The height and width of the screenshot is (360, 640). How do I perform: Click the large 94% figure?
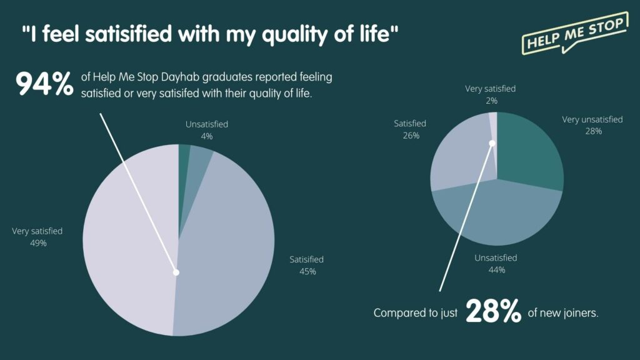[44, 84]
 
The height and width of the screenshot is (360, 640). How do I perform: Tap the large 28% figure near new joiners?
[493, 312]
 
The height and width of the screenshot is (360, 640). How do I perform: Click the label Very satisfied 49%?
[37, 237]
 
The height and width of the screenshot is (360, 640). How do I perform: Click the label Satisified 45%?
[307, 265]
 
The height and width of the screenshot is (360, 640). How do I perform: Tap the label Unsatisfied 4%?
[207, 130]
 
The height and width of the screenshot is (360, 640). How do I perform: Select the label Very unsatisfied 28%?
[592, 125]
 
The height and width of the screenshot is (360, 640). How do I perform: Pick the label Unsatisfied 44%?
[496, 264]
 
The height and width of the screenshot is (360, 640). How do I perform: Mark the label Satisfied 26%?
[410, 129]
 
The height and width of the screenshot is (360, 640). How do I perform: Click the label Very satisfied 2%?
[491, 94]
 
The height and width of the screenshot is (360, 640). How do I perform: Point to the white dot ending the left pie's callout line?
[176, 272]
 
